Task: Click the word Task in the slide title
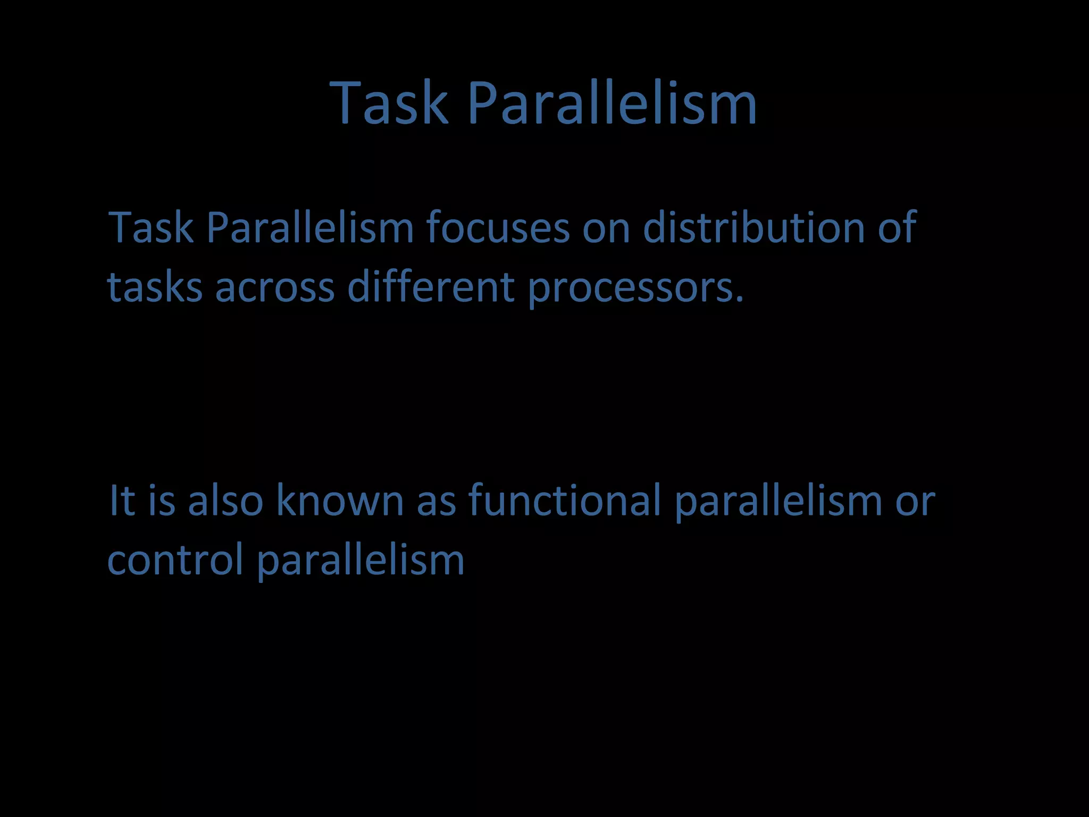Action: pyautogui.click(x=389, y=103)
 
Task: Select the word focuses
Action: pyautogui.click(x=498, y=228)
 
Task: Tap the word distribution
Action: pyautogui.click(x=753, y=228)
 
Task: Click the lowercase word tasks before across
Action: pyautogui.click(x=155, y=287)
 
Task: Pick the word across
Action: pyautogui.click(x=274, y=287)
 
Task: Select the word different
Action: pyautogui.click(x=431, y=287)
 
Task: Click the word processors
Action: pyautogui.click(x=635, y=287)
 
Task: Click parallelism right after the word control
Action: pyautogui.click(x=361, y=560)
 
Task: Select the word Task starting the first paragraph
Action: pyautogui.click(x=151, y=228)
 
